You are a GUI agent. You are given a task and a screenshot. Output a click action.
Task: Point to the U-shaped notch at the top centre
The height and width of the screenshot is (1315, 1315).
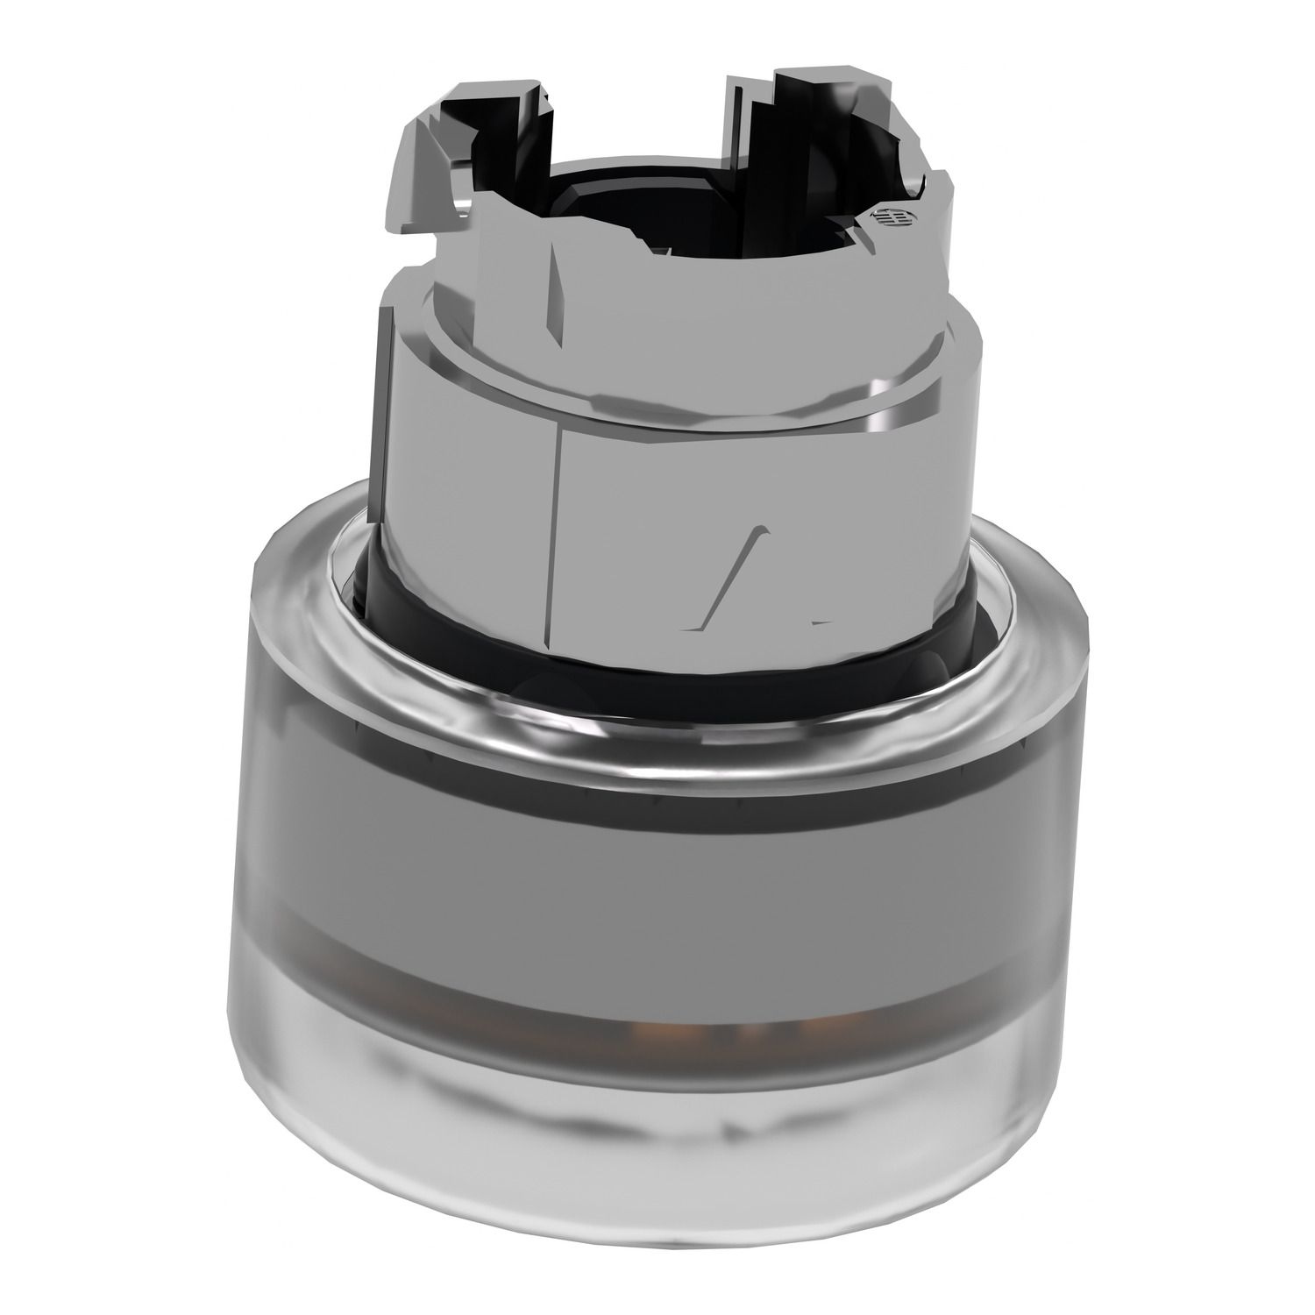click(x=640, y=123)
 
